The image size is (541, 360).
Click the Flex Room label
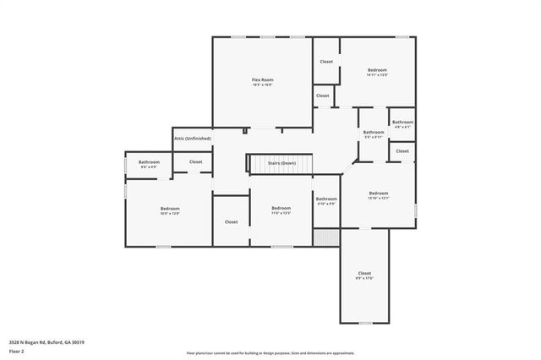pos(262,79)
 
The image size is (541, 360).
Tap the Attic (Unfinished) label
pos(192,138)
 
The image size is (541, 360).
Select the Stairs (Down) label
pos(281,162)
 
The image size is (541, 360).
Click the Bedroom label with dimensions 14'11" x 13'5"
pos(377,69)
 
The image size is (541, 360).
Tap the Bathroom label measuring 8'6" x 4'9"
pos(149,161)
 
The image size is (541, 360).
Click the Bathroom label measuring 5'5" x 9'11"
pos(374,132)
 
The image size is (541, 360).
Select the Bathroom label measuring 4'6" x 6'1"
pos(402,122)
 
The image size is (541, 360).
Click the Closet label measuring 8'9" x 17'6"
pos(364,273)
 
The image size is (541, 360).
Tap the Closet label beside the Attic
pos(195,161)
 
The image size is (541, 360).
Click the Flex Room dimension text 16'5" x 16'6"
pos(262,85)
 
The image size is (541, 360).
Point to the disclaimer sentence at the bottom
pos(270,352)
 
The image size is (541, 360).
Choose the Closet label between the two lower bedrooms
pos(231,221)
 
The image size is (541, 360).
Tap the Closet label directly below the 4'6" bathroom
pos(402,151)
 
